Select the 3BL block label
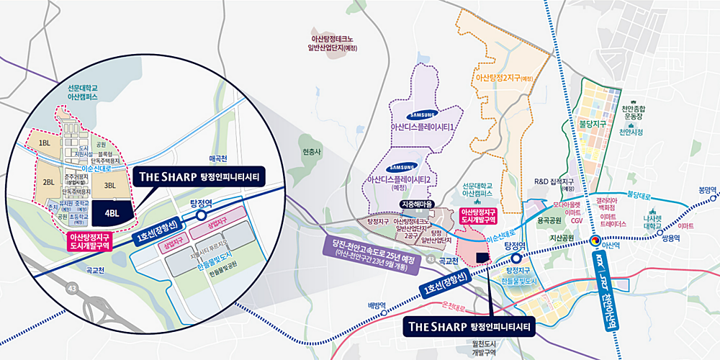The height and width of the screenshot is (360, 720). tap(110, 185)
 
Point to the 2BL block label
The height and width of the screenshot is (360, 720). tap(49, 182)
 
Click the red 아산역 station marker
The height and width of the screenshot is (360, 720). tap(596, 240)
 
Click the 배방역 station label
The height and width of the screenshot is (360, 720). tap(377, 305)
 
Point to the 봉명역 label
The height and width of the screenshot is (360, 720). tap(708, 190)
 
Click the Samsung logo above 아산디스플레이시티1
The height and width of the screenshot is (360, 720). tap(423, 115)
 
